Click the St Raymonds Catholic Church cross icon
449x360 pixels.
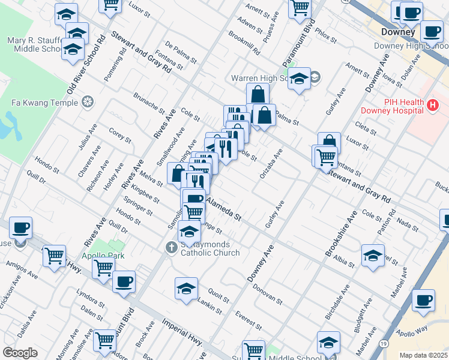(x=171, y=247)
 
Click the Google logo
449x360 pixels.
(x=20, y=353)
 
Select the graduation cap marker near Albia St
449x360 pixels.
(x=373, y=254)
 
